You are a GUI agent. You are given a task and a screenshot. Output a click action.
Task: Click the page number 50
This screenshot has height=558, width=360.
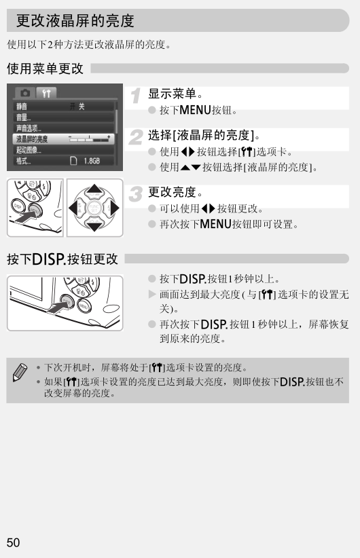tap(13, 542)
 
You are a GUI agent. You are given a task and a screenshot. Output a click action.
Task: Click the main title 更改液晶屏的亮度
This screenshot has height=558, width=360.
tap(75, 20)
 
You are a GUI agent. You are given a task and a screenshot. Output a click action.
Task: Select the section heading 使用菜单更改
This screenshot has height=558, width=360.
tap(45, 69)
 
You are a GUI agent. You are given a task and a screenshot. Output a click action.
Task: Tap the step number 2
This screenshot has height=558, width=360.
tap(136, 137)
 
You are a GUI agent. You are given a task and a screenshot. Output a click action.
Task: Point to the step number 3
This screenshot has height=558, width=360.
tap(136, 194)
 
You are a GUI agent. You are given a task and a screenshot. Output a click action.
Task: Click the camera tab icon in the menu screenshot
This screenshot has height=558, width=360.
tap(25, 93)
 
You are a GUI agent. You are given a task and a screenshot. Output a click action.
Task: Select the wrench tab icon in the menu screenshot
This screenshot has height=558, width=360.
tap(46, 93)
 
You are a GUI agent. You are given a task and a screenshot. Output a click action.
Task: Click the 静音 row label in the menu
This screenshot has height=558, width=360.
tap(21, 106)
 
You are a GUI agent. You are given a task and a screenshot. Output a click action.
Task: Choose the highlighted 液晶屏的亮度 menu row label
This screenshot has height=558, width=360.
tap(32, 138)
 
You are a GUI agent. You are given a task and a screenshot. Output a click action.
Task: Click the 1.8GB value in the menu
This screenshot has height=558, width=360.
tap(92, 161)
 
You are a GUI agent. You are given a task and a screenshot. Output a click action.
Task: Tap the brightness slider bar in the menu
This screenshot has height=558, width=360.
tap(90, 139)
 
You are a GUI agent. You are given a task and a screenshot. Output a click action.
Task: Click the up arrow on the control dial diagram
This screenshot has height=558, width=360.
tap(94, 189)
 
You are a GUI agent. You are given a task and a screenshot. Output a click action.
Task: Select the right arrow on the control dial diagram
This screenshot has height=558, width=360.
tap(114, 208)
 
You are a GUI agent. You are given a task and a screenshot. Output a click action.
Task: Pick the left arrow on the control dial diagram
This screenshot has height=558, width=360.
tap(73, 208)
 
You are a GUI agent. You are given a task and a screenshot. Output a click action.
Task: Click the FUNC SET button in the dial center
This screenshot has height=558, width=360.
tap(94, 208)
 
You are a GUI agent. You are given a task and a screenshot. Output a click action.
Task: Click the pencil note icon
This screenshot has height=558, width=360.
tap(20, 373)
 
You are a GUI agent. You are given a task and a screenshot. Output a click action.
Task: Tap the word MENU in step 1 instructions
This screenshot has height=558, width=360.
tap(195, 110)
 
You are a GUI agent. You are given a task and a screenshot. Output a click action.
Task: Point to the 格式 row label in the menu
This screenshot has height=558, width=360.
tap(23, 161)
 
